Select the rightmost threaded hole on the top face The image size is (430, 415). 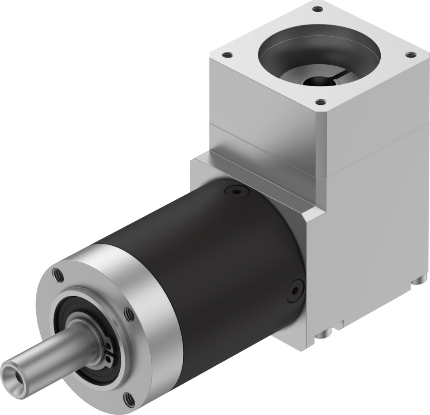[410, 54]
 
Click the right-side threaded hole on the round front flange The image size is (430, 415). [129, 314]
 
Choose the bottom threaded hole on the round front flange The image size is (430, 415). [128, 400]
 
